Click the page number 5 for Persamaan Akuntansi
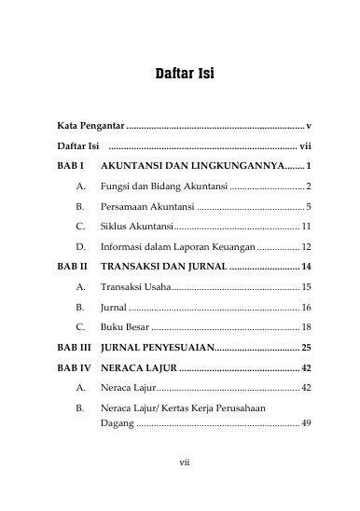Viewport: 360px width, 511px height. click(x=308, y=206)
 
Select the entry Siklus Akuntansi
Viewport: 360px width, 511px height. click(x=136, y=227)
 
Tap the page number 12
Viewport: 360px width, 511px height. click(x=305, y=247)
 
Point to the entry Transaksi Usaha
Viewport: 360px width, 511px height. click(x=136, y=288)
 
